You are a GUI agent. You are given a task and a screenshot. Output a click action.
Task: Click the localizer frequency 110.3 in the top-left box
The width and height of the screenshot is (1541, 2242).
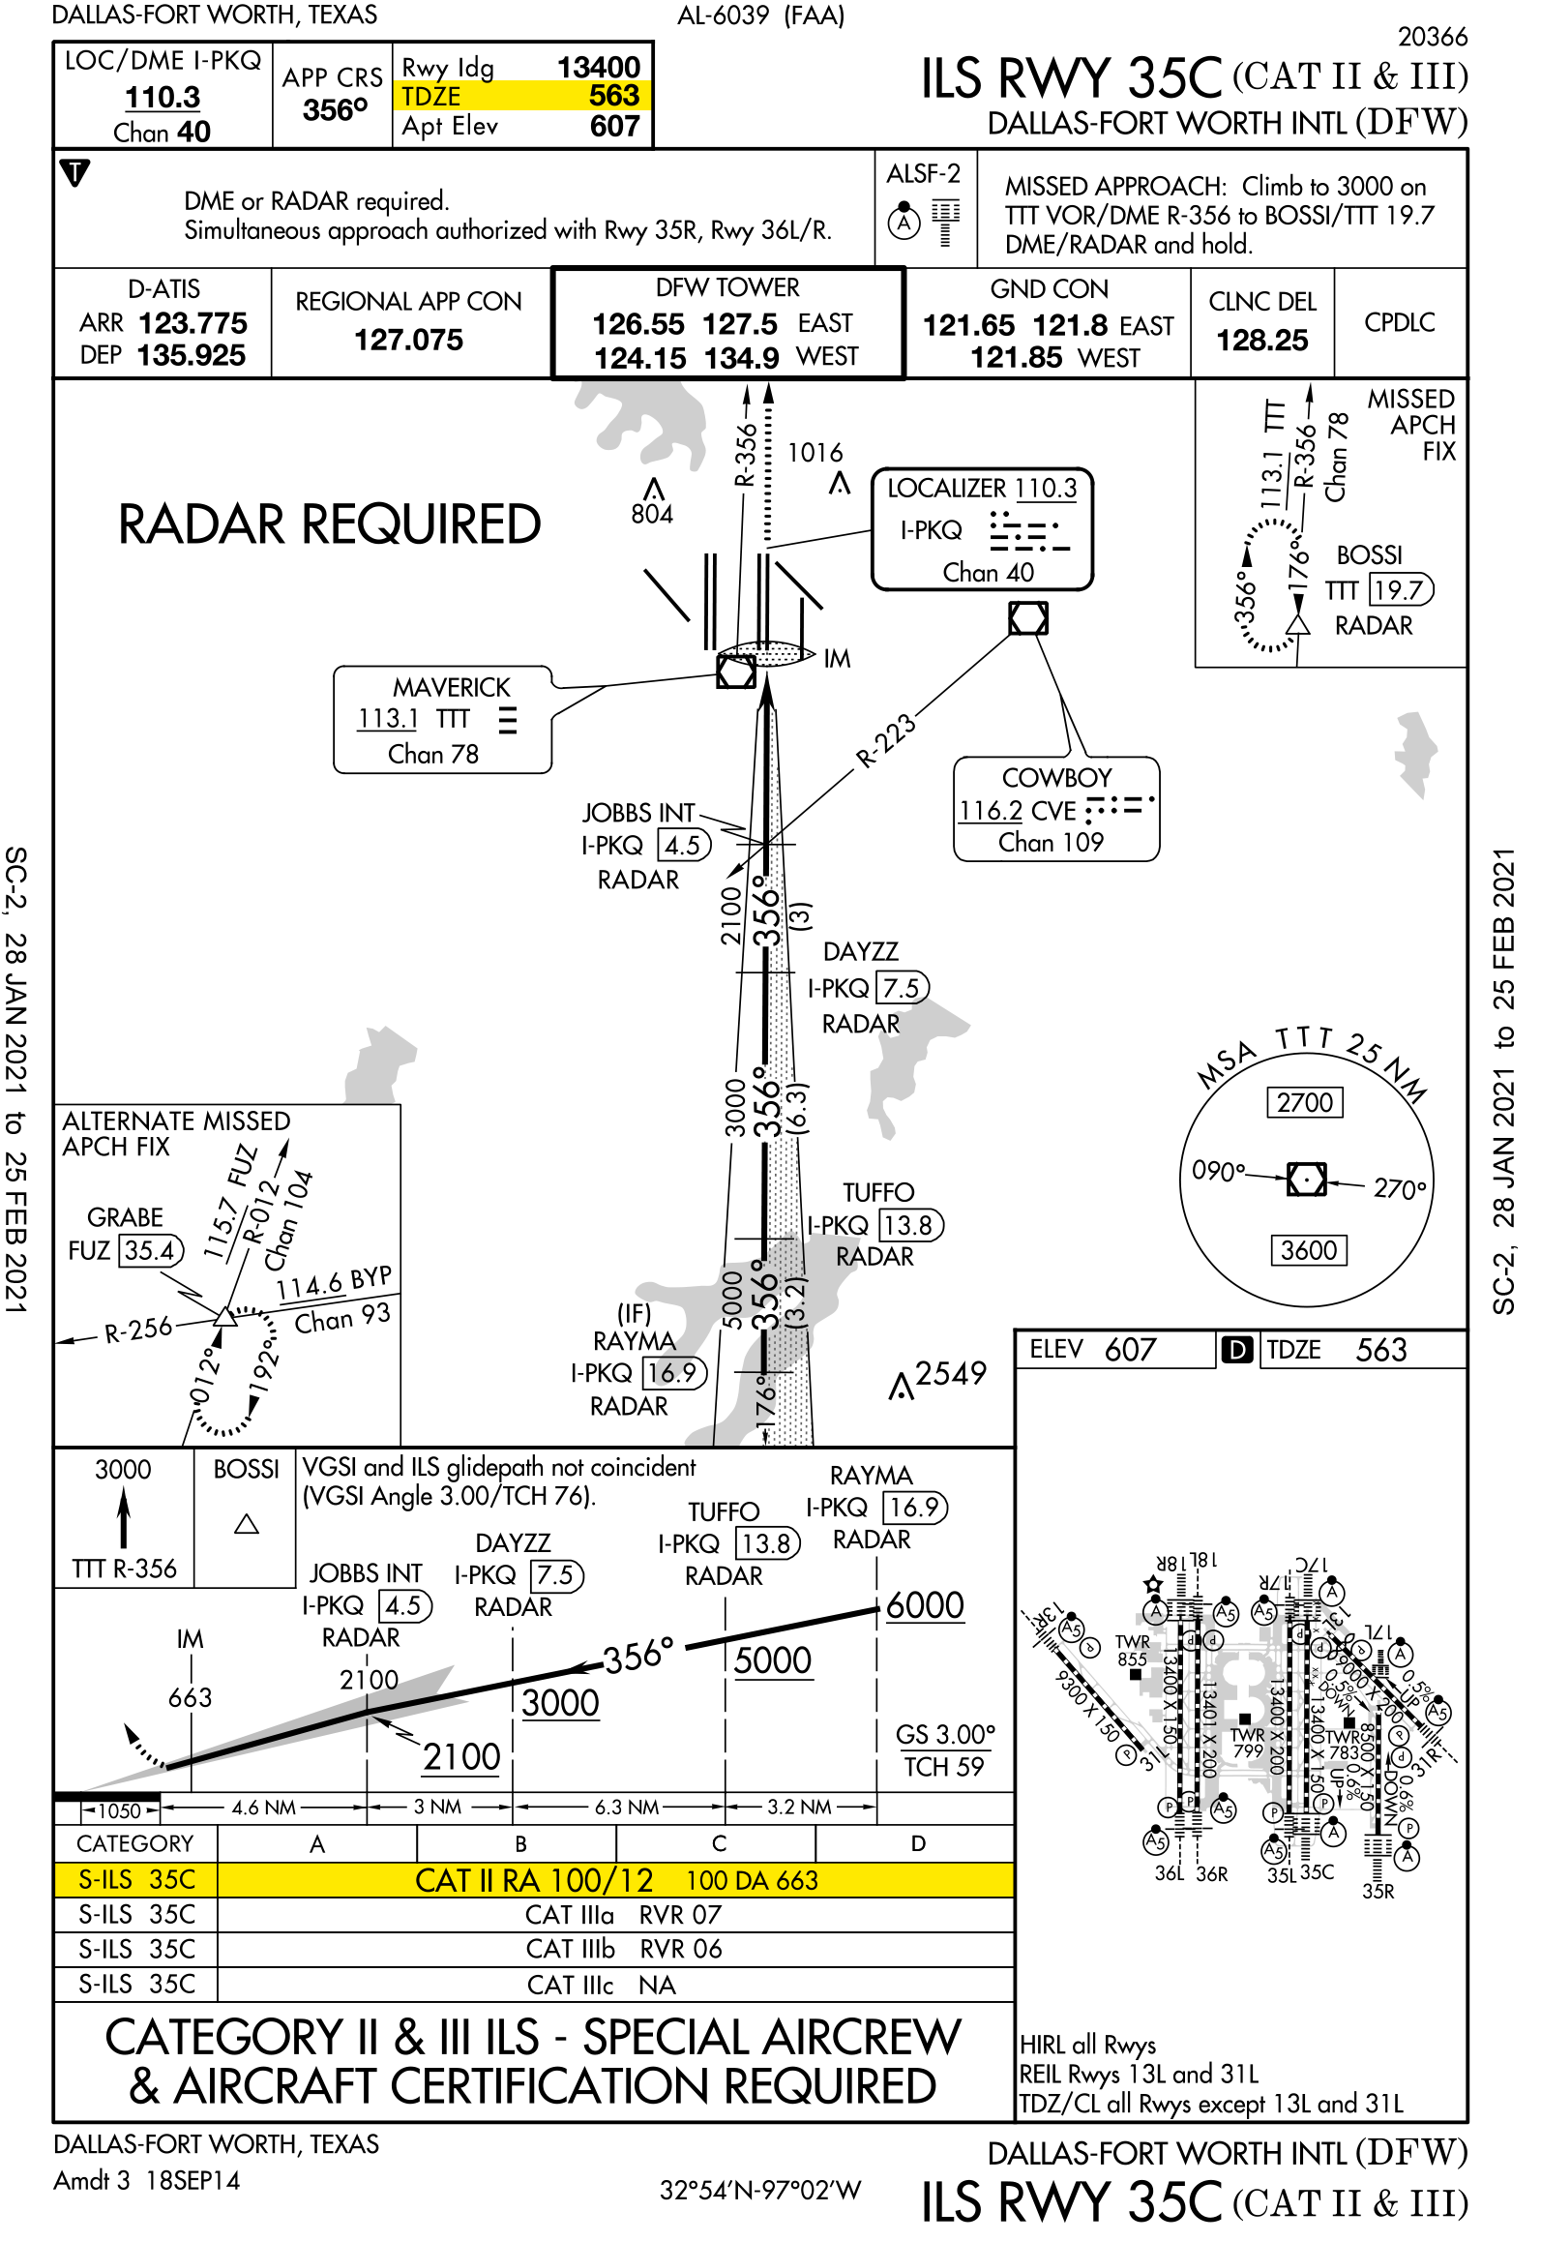pyautogui.click(x=162, y=98)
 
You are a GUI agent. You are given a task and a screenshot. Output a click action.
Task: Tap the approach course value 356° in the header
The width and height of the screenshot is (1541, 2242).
pyautogui.click(x=334, y=110)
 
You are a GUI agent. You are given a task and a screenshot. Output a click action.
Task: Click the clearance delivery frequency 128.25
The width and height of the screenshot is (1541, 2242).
pyautogui.click(x=1261, y=341)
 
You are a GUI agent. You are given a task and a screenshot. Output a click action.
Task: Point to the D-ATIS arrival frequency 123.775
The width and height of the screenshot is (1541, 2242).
pyautogui.click(x=193, y=323)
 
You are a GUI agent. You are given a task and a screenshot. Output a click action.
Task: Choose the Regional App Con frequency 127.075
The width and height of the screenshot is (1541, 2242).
pyautogui.click(x=408, y=340)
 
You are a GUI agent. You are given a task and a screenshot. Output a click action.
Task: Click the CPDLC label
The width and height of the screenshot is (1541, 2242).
pyautogui.click(x=1399, y=322)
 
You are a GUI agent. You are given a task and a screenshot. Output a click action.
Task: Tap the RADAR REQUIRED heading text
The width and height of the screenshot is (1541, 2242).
pyautogui.click(x=329, y=524)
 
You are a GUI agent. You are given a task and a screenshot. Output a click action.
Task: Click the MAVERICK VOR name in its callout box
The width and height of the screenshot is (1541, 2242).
pyautogui.click(x=451, y=687)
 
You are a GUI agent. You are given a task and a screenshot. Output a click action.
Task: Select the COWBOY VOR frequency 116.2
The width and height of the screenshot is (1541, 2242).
pyautogui.click(x=981, y=810)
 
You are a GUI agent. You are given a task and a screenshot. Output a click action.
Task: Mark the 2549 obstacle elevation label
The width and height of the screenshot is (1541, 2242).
pyautogui.click(x=950, y=1373)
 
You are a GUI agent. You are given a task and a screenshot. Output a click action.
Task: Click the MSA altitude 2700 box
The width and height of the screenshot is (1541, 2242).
pyautogui.click(x=1304, y=1102)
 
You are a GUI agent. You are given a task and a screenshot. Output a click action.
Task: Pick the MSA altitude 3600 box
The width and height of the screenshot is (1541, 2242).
pyautogui.click(x=1308, y=1250)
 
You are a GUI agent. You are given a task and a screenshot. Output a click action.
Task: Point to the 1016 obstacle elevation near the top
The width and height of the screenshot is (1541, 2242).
pyautogui.click(x=815, y=453)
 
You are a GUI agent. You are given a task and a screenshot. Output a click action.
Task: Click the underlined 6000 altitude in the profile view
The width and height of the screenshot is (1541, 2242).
pyautogui.click(x=925, y=1605)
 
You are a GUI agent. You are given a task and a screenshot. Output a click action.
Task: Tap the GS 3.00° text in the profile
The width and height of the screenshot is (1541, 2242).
pyautogui.click(x=945, y=1734)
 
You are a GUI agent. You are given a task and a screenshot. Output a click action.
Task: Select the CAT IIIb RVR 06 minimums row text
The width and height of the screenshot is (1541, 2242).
pyautogui.click(x=624, y=1949)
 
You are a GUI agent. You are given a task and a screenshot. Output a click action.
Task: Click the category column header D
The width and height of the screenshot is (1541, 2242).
pyautogui.click(x=917, y=1843)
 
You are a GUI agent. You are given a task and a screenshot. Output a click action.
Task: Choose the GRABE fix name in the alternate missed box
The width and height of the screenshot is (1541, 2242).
pyautogui.click(x=125, y=1217)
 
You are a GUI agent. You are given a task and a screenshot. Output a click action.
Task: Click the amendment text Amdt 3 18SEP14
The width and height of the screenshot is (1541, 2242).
pyautogui.click(x=147, y=2180)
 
